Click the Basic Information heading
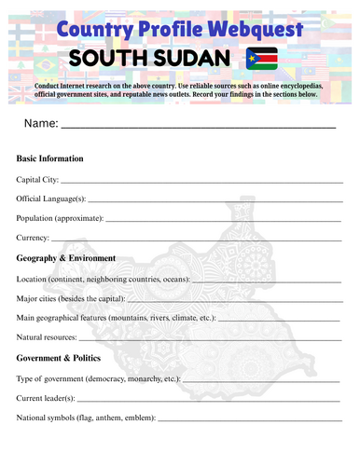50,159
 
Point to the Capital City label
37,179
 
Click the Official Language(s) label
51,199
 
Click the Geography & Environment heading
66,258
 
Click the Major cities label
40,298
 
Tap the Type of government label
47,378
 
